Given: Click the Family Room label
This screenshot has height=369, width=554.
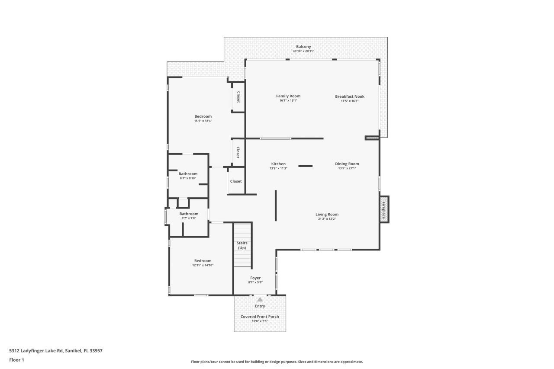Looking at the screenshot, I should pos(288,96).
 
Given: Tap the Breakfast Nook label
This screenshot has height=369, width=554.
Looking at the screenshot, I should pos(350,96).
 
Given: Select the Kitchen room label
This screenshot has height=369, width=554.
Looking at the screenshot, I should pos(278,164).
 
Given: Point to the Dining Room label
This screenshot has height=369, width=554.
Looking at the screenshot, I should pos(347,164).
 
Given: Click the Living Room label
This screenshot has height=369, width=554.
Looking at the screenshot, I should pos(327,214).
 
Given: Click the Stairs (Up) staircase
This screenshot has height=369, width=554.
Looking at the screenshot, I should pos(242,246).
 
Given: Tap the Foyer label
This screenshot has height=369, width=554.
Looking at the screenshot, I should pos(255,278).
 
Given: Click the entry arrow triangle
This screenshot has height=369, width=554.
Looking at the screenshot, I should pos(260,299).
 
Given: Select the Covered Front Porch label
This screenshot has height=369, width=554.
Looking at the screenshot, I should pos(260,317).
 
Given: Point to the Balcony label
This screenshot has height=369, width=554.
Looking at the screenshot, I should pos(303,47).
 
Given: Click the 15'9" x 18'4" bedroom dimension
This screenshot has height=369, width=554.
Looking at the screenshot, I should pos(203,121).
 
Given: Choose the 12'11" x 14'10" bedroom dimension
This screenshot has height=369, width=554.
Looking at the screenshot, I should pos(203,265).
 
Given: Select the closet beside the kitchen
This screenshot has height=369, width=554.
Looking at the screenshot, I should pos(236,181).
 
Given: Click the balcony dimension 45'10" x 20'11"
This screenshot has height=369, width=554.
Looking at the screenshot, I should pos(303,51).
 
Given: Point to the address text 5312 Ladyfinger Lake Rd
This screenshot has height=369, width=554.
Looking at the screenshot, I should pos(56,351).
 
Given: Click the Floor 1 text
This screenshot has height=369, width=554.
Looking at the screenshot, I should pos(17,360).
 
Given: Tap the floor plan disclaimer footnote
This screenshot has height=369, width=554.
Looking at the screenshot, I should pos(277,362).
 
